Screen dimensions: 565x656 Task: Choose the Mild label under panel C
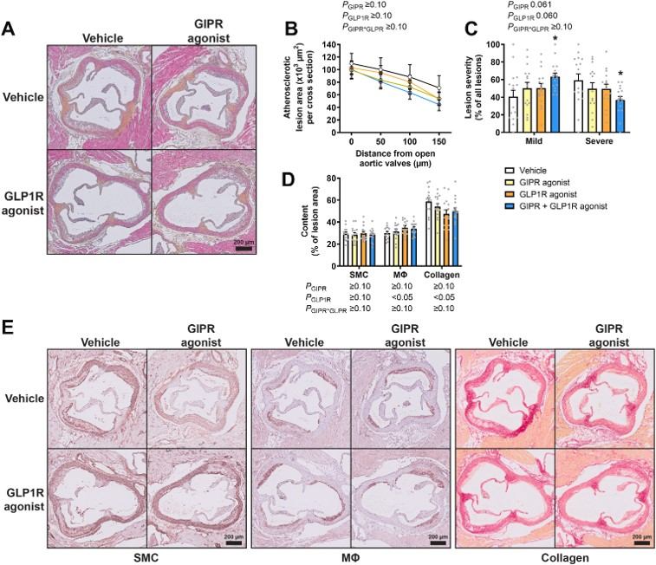pyautogui.click(x=534, y=140)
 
